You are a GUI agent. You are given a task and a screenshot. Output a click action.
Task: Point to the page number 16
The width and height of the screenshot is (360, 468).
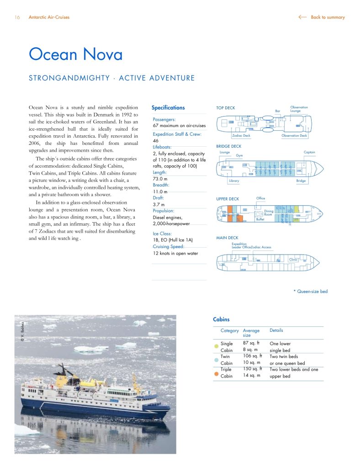[x=17, y=17]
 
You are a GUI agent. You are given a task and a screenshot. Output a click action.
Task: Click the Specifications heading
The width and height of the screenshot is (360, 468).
[x=168, y=108]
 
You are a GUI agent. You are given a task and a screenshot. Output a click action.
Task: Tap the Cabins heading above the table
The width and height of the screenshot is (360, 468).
[x=221, y=319]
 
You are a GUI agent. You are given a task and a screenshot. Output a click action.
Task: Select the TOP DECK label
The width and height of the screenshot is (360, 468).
[x=226, y=108]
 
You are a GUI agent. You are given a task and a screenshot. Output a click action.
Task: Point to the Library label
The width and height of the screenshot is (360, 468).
[x=234, y=181]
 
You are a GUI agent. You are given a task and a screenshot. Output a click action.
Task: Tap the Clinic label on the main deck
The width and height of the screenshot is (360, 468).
[x=293, y=260]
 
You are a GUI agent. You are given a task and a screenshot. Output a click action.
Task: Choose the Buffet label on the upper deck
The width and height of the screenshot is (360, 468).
[x=260, y=219]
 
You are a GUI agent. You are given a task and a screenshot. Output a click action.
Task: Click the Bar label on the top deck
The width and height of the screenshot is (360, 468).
[x=277, y=111]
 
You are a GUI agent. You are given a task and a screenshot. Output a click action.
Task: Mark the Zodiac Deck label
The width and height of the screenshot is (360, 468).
[x=241, y=136]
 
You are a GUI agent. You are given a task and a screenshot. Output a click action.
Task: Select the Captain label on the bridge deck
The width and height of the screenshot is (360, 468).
[x=309, y=152]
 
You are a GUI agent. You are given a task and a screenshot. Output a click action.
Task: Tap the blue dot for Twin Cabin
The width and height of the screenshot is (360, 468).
[x=216, y=359]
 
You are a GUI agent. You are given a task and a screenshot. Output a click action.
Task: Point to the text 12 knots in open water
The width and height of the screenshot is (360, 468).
[x=175, y=253]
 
